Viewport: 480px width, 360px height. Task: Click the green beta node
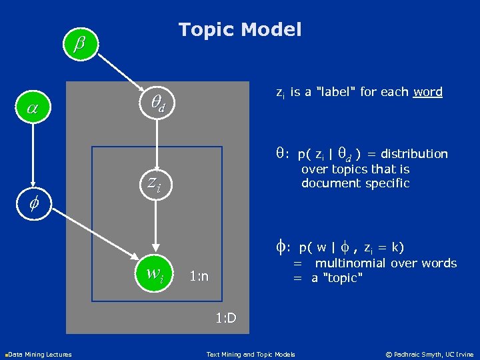[80, 45]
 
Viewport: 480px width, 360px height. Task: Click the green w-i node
[155, 273]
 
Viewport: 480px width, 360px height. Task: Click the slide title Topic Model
[240, 29]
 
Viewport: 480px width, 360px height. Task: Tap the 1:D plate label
[225, 317]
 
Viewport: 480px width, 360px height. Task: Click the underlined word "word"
[427, 92]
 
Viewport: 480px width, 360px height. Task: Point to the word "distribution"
[414, 154]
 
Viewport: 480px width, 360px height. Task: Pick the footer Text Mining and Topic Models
[251, 353]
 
